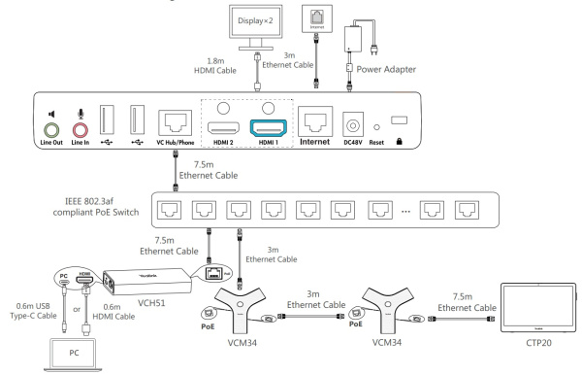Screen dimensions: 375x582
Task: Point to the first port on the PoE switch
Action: pyautogui.click(x=169, y=208)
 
